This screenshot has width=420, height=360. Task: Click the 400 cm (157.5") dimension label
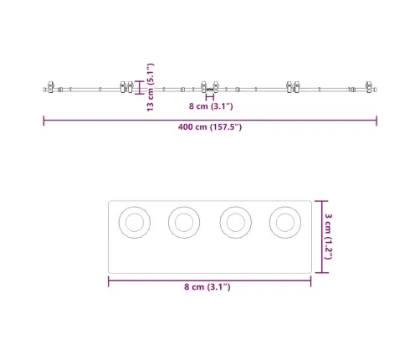pyautogui.click(x=210, y=127)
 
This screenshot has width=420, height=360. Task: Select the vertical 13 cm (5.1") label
pyautogui.click(x=151, y=87)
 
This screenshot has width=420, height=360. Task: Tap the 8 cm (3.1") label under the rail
pyautogui.click(x=211, y=106)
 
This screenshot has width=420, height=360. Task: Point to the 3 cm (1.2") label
pyautogui.click(x=329, y=236)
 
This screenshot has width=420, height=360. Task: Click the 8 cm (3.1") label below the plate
pyautogui.click(x=207, y=286)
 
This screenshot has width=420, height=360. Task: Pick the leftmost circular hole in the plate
pyautogui.click(x=135, y=222)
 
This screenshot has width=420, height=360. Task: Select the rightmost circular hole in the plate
pyautogui.click(x=285, y=222)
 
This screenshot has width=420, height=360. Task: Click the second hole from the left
pyautogui.click(x=184, y=222)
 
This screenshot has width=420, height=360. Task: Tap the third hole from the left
pyautogui.click(x=236, y=222)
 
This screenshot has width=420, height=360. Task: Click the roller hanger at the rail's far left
pyautogui.click(x=51, y=87)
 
